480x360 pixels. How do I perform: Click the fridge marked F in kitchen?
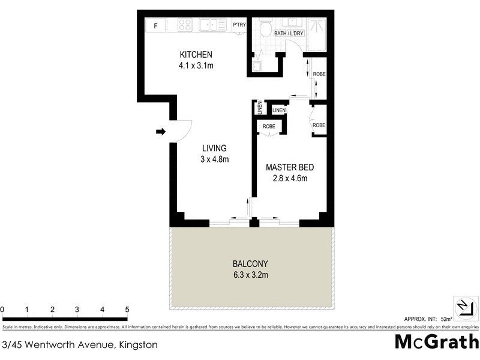[x=156, y=26]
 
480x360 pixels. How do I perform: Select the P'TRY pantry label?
[x=239, y=25]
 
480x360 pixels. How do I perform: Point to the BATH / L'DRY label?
[x=289, y=33]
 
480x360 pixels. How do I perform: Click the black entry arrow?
[x=161, y=131]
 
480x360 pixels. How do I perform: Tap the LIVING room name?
[x=214, y=148]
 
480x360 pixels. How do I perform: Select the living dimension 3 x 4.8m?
[x=215, y=159]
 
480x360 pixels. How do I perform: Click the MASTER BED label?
[x=290, y=167]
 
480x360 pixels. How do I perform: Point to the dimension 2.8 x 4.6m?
[x=290, y=178]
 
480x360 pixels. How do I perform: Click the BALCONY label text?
[x=250, y=264]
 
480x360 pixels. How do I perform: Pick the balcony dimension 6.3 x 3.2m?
[x=250, y=275]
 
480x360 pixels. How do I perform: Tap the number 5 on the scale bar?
[x=127, y=310]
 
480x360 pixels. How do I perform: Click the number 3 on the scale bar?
[x=77, y=310]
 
